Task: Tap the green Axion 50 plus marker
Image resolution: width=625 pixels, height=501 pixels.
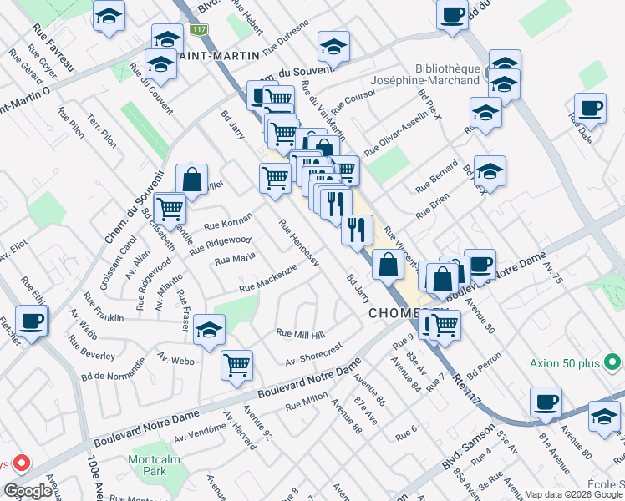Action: click(x=612, y=363)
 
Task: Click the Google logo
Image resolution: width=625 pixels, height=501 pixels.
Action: click(x=28, y=491)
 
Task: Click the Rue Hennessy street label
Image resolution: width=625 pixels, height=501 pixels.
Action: click(x=299, y=243)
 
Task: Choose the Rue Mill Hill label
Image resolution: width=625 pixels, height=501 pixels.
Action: click(x=300, y=334)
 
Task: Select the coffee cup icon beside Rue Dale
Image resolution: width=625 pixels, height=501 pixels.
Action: click(x=590, y=109)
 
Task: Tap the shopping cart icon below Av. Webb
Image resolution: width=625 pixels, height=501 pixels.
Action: click(x=237, y=364)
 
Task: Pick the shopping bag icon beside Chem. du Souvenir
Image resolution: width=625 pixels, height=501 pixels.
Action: click(x=191, y=179)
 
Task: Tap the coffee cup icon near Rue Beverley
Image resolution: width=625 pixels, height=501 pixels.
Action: click(x=32, y=321)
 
